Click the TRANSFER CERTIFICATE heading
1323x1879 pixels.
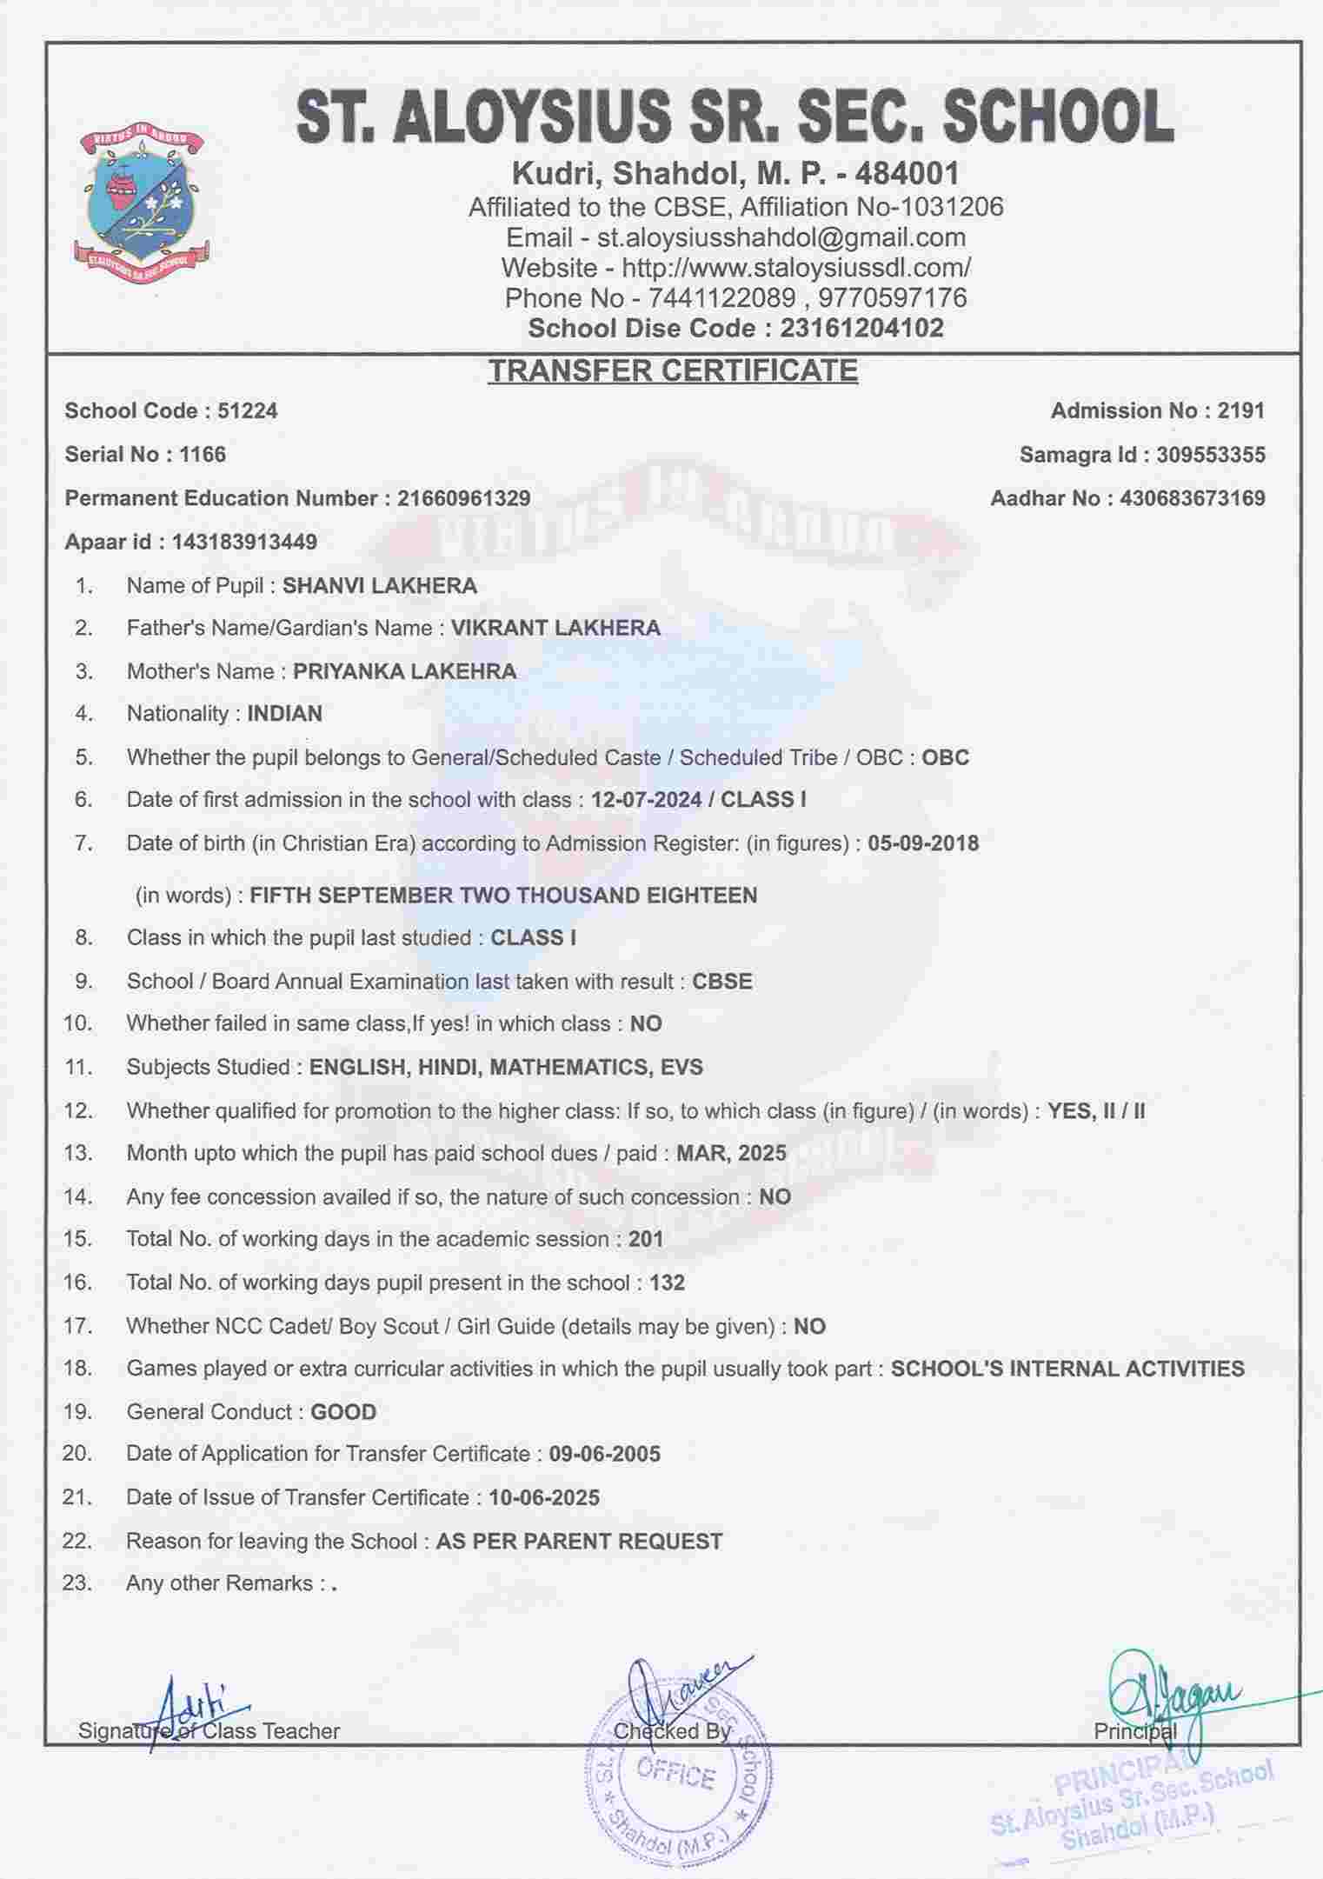tap(672, 370)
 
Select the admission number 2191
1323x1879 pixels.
tap(1240, 410)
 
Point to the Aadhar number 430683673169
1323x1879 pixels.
tap(1193, 498)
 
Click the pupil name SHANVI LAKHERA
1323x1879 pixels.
tap(380, 585)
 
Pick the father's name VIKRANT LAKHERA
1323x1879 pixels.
tap(555, 628)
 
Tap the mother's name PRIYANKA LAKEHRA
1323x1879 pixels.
tap(404, 671)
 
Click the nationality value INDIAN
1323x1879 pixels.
tap(285, 714)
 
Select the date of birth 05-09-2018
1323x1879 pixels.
tap(923, 843)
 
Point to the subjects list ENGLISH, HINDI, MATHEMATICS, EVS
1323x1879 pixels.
tap(506, 1067)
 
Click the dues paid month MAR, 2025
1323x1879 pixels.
tap(731, 1153)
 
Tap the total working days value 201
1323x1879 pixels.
tap(646, 1239)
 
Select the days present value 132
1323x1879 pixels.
tap(667, 1283)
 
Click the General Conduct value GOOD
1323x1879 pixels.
tap(343, 1411)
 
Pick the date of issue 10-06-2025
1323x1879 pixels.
tap(544, 1497)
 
